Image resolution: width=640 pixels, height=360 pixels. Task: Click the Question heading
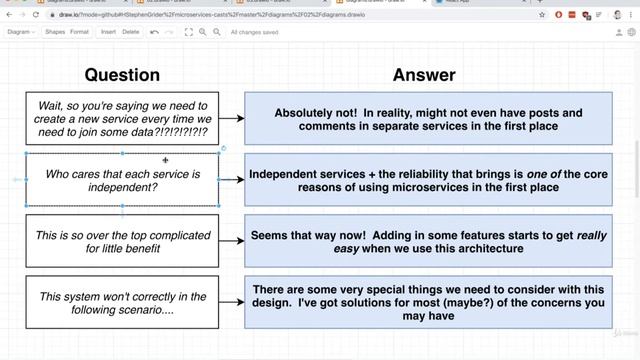[122, 75]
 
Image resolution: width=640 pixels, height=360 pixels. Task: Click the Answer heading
[424, 75]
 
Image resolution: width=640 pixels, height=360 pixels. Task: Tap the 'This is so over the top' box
[122, 240]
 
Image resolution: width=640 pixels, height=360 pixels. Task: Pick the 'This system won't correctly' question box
[122, 302]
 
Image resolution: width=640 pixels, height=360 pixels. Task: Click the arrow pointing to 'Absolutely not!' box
[231, 118]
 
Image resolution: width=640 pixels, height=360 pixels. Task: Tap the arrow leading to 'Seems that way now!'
[231, 241]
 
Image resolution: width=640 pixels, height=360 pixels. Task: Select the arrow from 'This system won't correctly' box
[231, 302]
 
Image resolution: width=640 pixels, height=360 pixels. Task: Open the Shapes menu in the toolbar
[54, 32]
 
